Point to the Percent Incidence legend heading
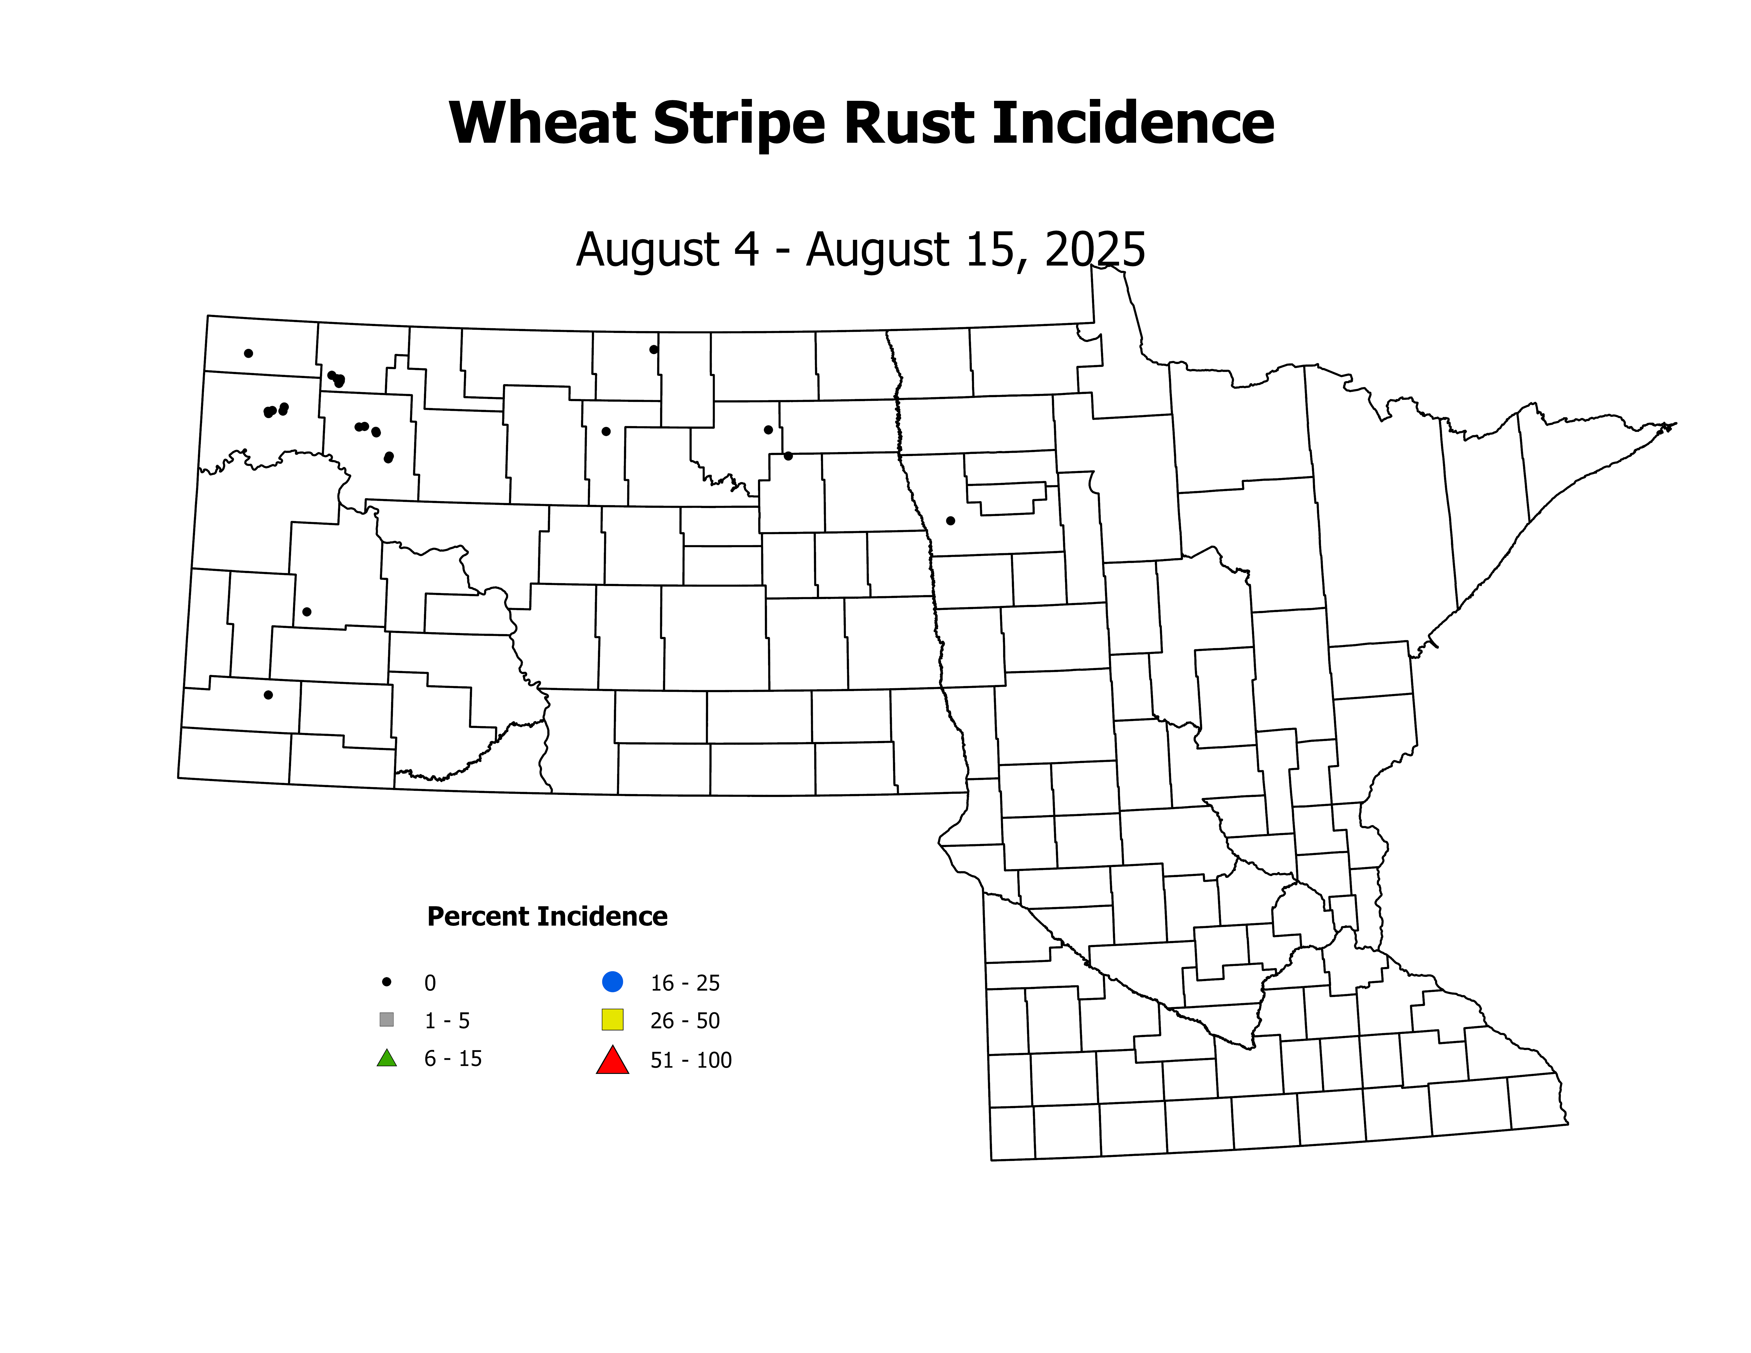point(547,916)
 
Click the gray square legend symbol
point(387,1020)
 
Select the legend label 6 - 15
point(453,1059)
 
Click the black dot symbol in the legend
point(387,981)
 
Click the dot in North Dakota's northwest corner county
point(249,353)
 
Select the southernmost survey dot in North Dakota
point(268,695)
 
